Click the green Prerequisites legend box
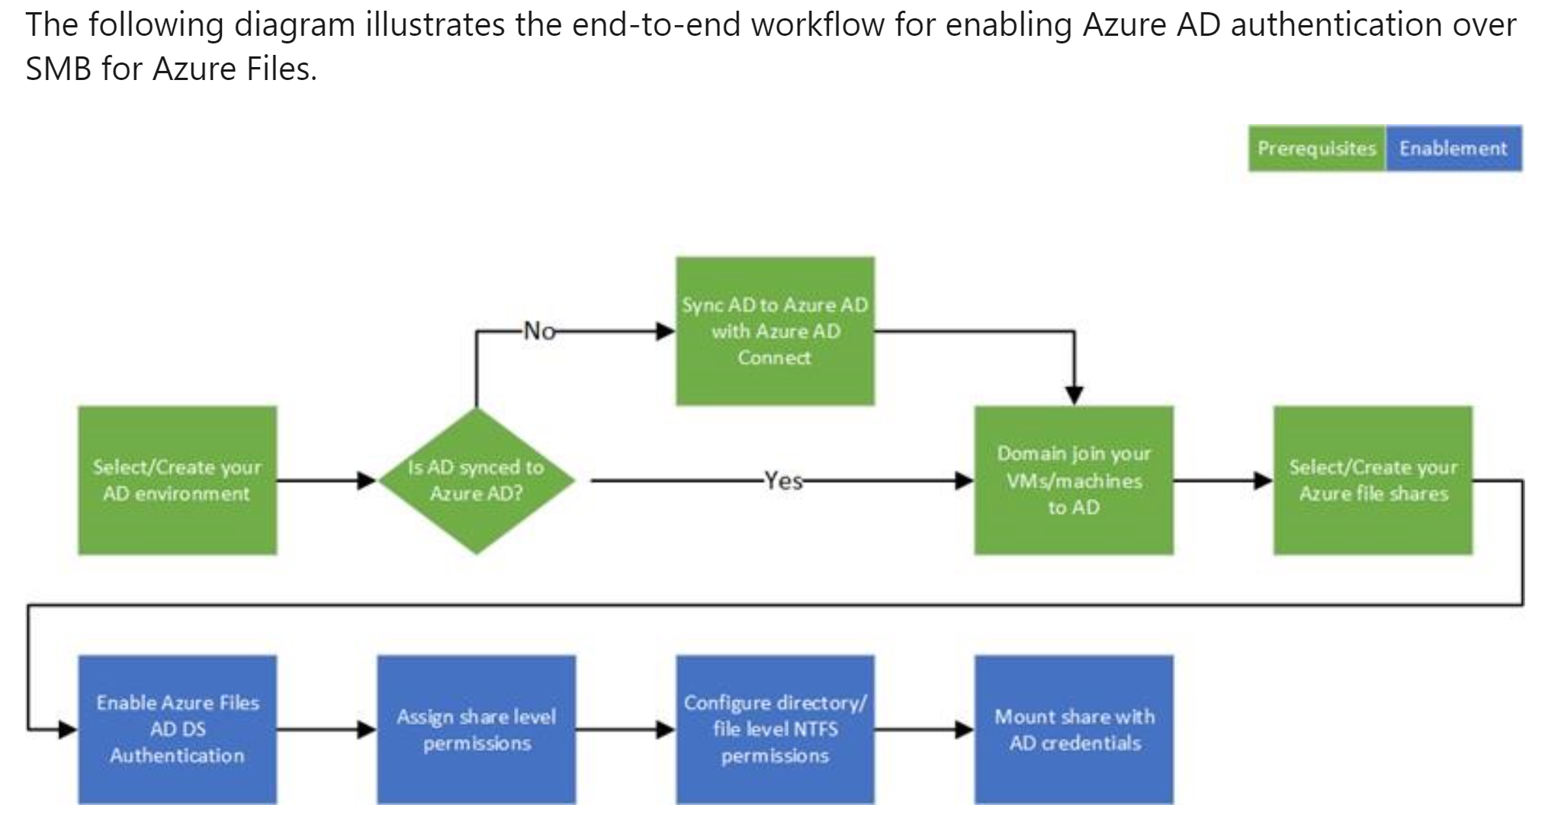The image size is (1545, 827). (1316, 149)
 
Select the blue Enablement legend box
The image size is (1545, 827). (1453, 149)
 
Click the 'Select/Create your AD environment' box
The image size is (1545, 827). (177, 480)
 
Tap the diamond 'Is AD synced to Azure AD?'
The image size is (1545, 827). (476, 480)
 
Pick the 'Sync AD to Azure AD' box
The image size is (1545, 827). (775, 331)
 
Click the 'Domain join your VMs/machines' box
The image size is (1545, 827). (1074, 480)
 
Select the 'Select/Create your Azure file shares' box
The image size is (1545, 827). (1373, 480)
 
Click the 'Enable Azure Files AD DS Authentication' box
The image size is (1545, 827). (177, 729)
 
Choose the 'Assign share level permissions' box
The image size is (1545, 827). (476, 729)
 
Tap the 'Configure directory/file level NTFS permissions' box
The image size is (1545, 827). (775, 729)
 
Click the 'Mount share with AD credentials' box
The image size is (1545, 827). (1074, 729)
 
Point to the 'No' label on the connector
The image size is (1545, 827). (539, 331)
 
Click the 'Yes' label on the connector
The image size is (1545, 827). (783, 480)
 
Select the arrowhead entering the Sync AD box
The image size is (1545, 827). (666, 331)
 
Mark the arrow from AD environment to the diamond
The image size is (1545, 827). (326, 480)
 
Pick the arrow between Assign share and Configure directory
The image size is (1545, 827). (625, 729)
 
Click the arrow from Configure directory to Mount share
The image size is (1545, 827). (924, 729)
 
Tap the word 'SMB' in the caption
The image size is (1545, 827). (59, 69)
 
